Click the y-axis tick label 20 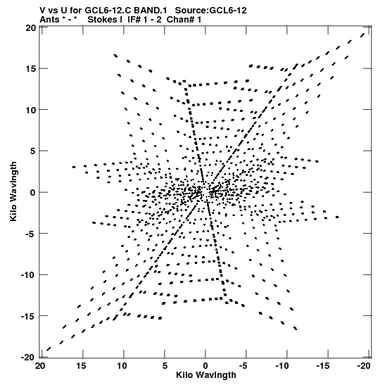point(31,27)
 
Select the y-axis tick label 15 point(31,68)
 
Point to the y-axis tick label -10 point(29,274)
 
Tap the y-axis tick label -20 point(29,357)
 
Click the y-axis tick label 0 point(33,192)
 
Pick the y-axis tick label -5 point(31,233)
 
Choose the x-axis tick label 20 point(40,366)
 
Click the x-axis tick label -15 point(323,366)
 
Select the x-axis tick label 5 point(165,366)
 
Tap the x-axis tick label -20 point(364,366)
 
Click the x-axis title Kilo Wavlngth point(206,375)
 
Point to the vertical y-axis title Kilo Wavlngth point(13,191)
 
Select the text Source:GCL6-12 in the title point(210,11)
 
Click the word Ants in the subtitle point(49,20)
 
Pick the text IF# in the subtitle point(134,20)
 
